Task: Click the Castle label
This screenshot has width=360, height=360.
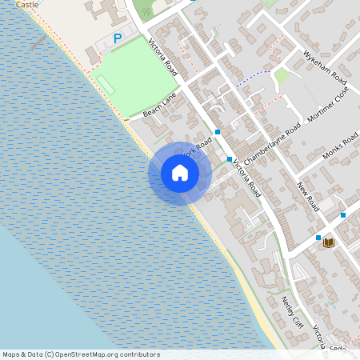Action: pos(27,4)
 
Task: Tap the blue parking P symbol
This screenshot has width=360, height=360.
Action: pos(118,38)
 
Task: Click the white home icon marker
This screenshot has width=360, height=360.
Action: pos(180,173)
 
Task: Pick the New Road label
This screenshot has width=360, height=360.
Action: pos(307,196)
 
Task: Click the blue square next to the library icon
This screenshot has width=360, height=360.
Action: pos(318,238)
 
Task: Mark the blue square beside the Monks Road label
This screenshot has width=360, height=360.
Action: pos(342,214)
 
